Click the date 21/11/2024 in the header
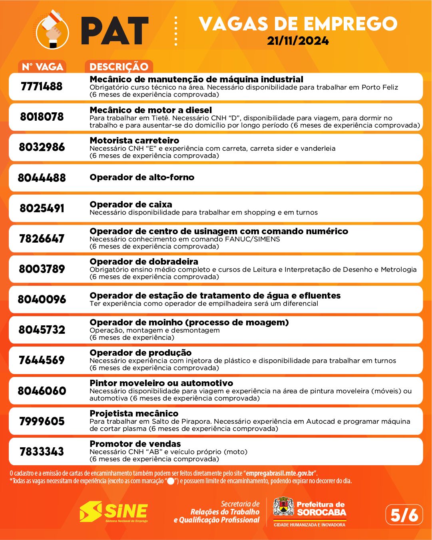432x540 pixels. [x=298, y=41]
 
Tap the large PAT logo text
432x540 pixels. [x=115, y=31]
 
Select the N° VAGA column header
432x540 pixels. [x=42, y=67]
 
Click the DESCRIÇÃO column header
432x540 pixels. [x=119, y=67]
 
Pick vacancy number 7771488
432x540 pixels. [x=42, y=86]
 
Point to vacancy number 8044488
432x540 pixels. [x=42, y=177]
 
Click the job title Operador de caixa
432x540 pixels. [x=131, y=205]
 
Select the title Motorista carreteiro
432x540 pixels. [x=134, y=140]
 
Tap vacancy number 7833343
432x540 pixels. [x=42, y=452]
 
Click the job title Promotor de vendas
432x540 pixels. [x=135, y=444]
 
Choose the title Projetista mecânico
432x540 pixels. [x=134, y=413]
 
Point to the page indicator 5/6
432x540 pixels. [x=404, y=515]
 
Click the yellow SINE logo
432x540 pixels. [x=113, y=512]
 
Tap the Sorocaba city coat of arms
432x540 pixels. [x=283, y=507]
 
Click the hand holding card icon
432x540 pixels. [x=52, y=31]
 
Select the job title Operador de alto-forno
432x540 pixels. [x=142, y=177]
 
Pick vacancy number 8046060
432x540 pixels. [x=42, y=391]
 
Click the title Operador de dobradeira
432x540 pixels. [x=144, y=261]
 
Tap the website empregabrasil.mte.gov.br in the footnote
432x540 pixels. [x=280, y=473]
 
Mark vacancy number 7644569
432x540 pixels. [x=42, y=360]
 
